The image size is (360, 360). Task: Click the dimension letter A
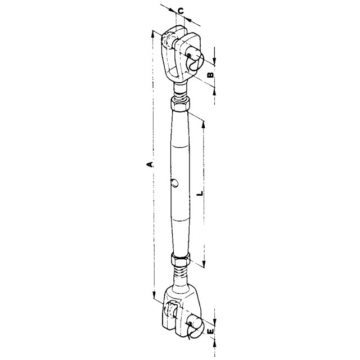pos(150,164)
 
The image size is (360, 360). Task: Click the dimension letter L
pos(200,193)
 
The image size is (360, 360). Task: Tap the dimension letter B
pos(210,75)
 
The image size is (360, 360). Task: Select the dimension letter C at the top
pos(181,11)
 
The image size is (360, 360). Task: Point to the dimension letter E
pos(210,331)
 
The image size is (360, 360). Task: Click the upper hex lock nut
pos(180,103)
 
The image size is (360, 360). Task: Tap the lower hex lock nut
pos(181,259)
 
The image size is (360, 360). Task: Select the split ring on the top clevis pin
pos(195,62)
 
